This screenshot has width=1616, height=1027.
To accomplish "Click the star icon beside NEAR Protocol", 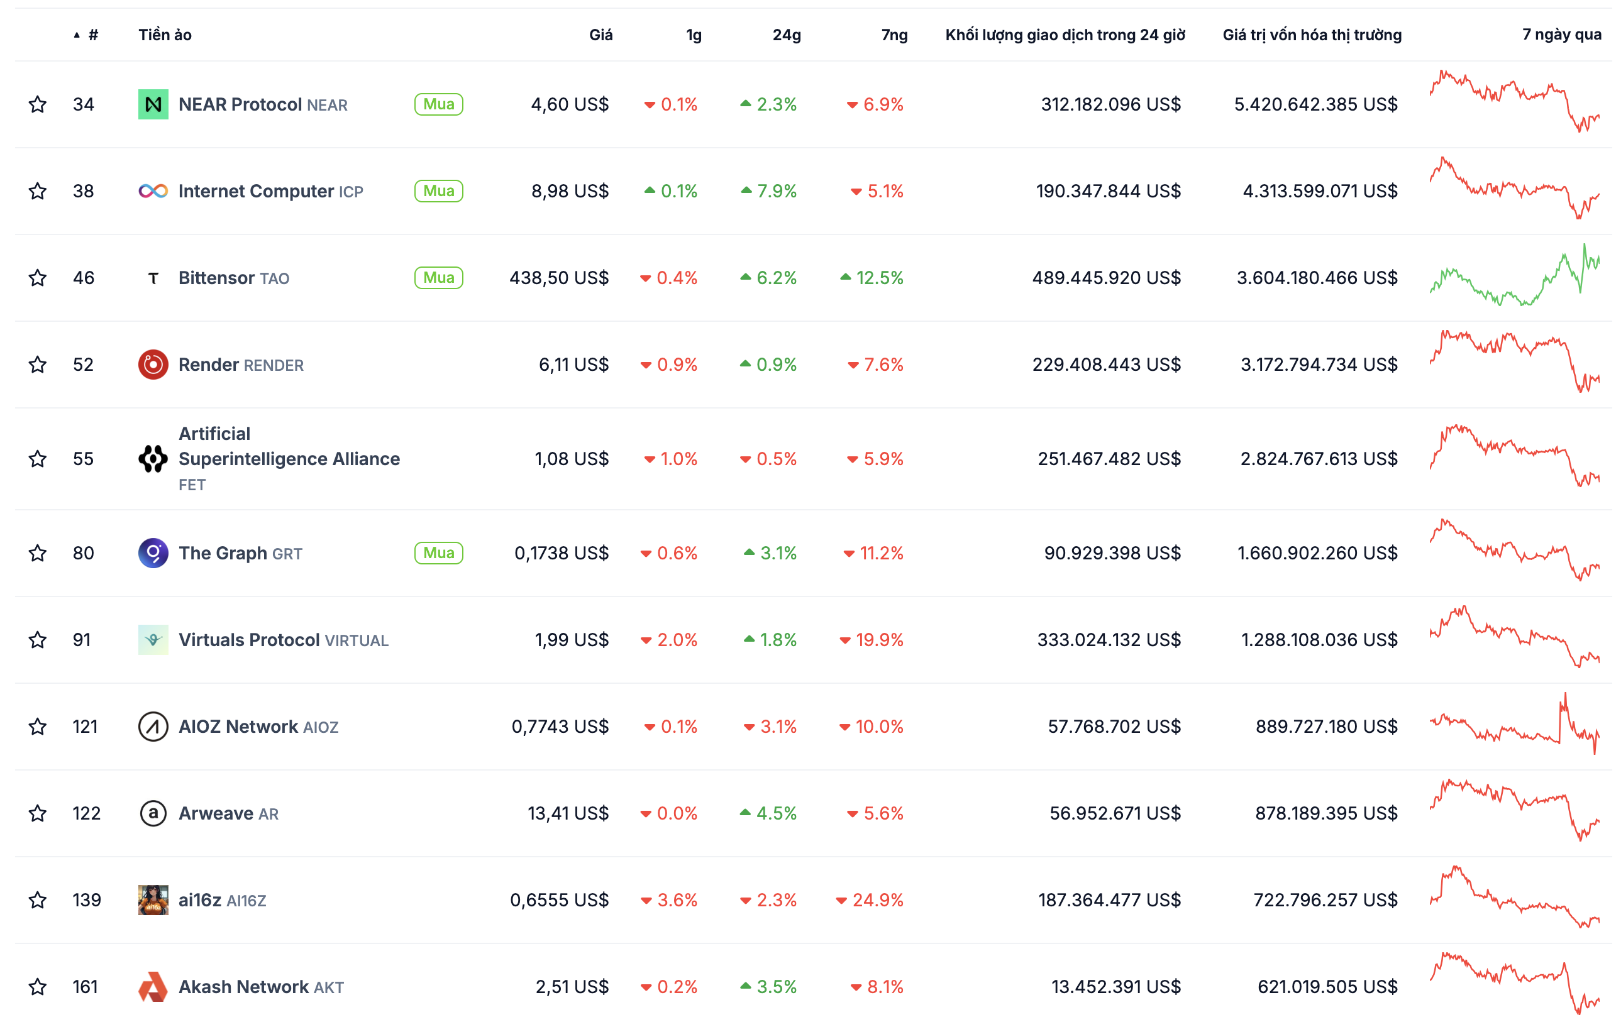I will tap(38, 104).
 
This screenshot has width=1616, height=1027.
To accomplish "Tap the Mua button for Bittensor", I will tap(438, 278).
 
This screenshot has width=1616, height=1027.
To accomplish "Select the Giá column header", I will tap(600, 35).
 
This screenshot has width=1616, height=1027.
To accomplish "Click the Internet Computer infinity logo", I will tap(153, 191).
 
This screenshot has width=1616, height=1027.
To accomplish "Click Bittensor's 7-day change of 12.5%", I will tap(872, 278).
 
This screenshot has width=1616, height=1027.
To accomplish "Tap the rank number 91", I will tap(82, 640).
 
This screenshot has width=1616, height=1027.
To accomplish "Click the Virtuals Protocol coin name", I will tap(249, 640).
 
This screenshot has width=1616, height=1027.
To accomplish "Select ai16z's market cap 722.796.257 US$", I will tap(1325, 900).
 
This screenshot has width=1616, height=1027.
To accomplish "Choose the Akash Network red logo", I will tap(153, 987).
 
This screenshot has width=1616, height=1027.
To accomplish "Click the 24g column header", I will tap(787, 35).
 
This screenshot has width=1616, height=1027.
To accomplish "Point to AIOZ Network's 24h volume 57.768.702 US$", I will tap(1114, 727).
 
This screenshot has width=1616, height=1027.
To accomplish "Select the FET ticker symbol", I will tap(192, 485).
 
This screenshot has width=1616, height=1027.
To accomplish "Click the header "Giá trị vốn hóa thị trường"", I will tap(1312, 35).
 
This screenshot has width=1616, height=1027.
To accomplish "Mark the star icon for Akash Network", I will tap(38, 987).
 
